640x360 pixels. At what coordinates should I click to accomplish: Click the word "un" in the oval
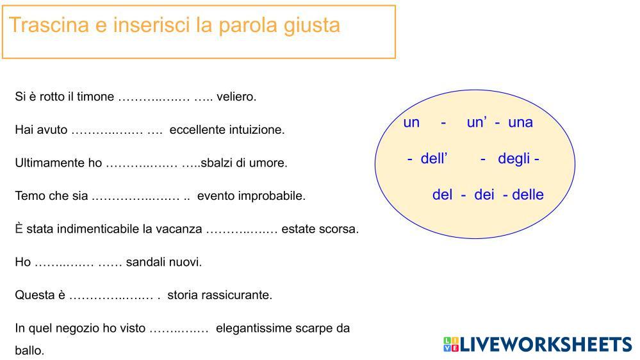pyautogui.click(x=411, y=122)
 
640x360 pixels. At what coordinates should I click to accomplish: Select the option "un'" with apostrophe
pyautogui.click(x=477, y=122)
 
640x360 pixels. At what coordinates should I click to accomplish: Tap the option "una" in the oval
pyautogui.click(x=520, y=122)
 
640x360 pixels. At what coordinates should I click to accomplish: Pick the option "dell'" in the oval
pyautogui.click(x=434, y=159)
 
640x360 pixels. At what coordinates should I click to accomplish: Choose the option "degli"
pyautogui.click(x=514, y=159)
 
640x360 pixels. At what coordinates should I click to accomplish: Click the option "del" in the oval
pyautogui.click(x=442, y=195)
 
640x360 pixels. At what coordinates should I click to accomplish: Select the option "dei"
pyautogui.click(x=484, y=195)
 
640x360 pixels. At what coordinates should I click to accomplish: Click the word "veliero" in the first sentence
pyautogui.click(x=236, y=97)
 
